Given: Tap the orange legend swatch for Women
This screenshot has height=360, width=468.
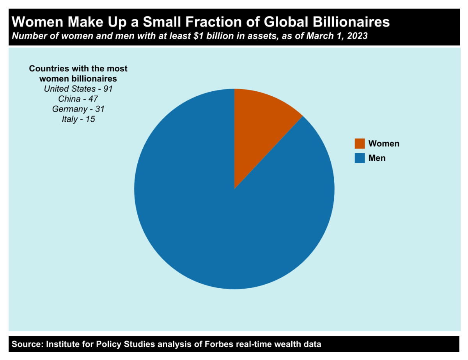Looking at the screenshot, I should click(360, 144).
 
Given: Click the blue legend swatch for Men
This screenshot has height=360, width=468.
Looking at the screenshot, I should click(360, 158).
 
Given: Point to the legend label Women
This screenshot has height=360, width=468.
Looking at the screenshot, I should click(384, 144).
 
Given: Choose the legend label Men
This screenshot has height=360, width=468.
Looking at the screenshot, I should click(377, 158).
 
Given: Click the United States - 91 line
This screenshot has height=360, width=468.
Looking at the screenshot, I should click(78, 89).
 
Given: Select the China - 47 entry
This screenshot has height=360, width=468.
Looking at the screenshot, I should click(78, 99).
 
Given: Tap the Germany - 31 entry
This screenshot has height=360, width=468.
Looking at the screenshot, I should click(78, 109).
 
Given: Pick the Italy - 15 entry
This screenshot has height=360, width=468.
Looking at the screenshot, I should click(78, 119).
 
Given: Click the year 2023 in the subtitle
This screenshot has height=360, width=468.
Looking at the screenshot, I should click(358, 36).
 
